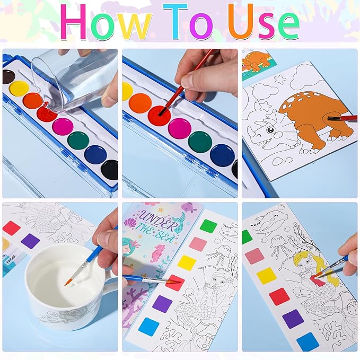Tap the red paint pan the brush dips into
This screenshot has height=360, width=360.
[x=159, y=115]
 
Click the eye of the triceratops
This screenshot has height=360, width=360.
[x=272, y=130]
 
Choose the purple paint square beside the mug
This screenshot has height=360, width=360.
[x=30, y=241]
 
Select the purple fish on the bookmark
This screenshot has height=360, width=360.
[x=189, y=208]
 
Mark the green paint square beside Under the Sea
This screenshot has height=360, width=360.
[x=208, y=226]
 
